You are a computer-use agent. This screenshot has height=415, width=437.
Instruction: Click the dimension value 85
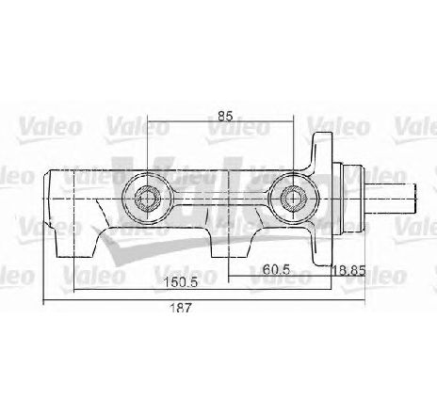[225, 116]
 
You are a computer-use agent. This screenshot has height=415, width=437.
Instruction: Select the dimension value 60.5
[276, 269]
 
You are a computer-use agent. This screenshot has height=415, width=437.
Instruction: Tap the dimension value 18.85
[348, 270]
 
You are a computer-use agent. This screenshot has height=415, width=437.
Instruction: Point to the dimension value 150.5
[182, 282]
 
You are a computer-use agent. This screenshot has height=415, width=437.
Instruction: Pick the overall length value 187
[180, 308]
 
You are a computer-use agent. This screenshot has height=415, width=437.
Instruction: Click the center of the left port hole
[147, 199]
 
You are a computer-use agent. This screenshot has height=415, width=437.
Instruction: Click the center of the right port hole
[294, 199]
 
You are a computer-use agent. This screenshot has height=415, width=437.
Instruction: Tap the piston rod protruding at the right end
[390, 199]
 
